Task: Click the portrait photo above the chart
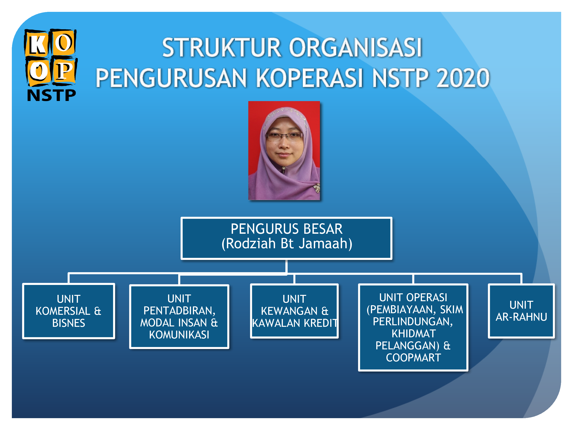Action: [x=284, y=150]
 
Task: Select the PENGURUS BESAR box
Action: [x=286, y=238]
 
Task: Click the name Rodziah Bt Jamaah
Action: [x=287, y=244]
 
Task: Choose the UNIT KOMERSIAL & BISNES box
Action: [x=69, y=311]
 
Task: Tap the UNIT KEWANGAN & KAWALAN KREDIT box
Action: [x=294, y=311]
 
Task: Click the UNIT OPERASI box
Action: [x=413, y=327]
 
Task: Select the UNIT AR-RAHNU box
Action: [x=521, y=311]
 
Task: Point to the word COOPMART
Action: [x=413, y=358]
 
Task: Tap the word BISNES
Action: [x=69, y=323]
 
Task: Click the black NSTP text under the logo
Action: [x=51, y=95]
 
